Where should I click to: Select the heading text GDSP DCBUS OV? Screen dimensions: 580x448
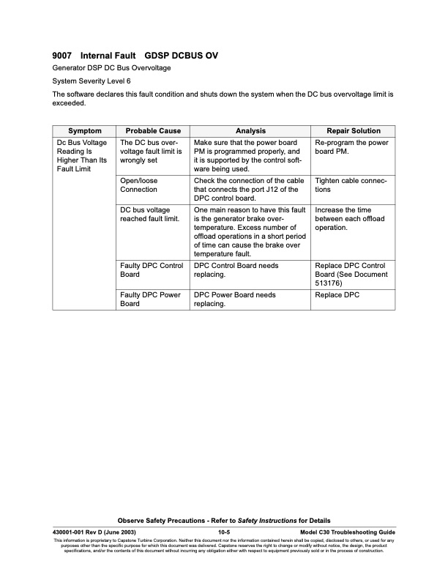[181, 56]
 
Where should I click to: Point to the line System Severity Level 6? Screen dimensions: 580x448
[92, 81]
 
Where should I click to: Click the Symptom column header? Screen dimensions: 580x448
[84, 131]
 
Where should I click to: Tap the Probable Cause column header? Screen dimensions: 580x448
[153, 131]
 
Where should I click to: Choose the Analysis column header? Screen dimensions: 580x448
[250, 131]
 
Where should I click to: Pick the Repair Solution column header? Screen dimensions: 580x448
[354, 131]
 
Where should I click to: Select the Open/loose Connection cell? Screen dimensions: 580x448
[138, 185]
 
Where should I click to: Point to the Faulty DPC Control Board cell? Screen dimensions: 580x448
[151, 269]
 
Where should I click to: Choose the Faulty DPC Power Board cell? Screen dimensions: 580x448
[150, 300]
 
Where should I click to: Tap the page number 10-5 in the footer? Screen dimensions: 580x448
[225, 532]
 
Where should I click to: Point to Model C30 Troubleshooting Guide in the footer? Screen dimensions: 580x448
[348, 532]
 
